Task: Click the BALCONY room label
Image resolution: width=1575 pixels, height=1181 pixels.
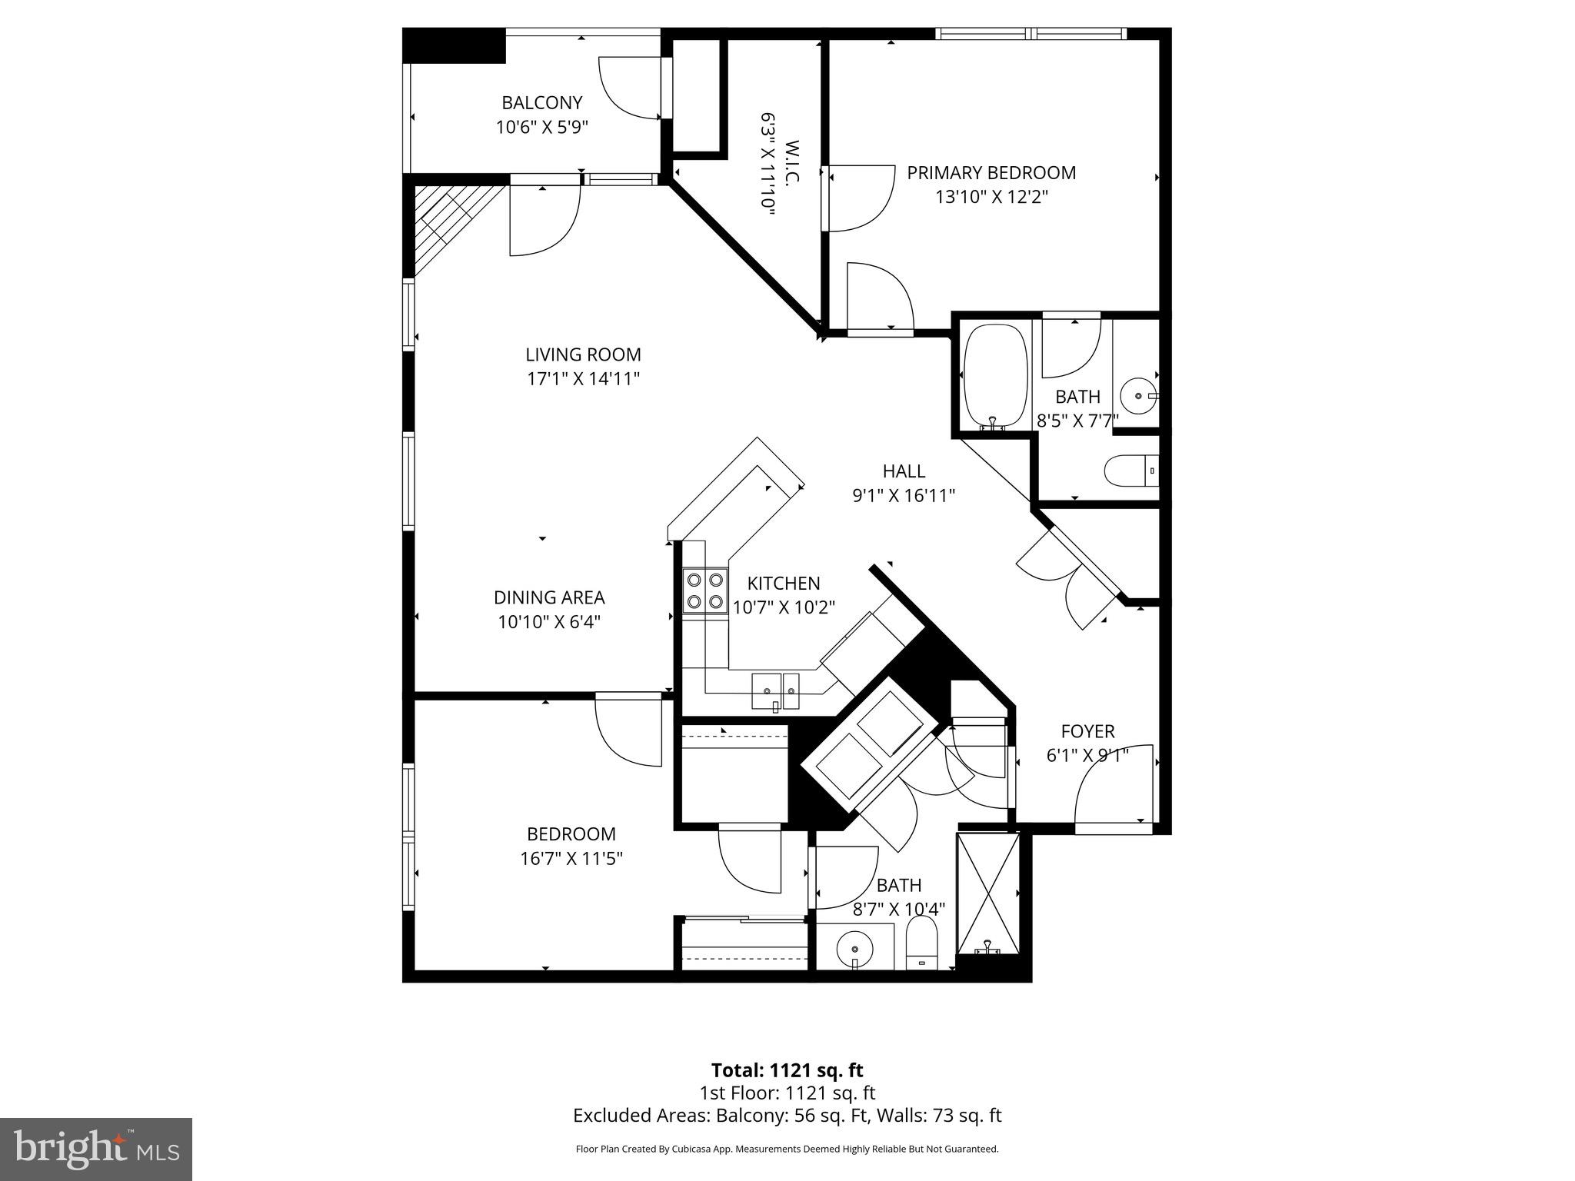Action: coord(541,102)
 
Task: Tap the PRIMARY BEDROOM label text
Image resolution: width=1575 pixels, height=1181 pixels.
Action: coord(991,173)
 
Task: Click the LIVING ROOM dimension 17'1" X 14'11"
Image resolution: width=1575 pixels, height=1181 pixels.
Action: coord(583,379)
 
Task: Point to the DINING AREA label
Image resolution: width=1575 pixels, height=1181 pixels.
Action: coord(548,597)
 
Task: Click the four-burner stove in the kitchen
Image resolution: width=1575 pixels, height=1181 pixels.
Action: coord(704,590)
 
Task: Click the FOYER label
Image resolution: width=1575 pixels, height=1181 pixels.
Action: coord(1087,731)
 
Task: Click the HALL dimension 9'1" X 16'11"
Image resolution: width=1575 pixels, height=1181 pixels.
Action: coord(903,496)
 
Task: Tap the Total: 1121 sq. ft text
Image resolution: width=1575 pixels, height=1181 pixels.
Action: coord(787,1070)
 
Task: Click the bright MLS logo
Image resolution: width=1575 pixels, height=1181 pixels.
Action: coord(96,1149)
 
